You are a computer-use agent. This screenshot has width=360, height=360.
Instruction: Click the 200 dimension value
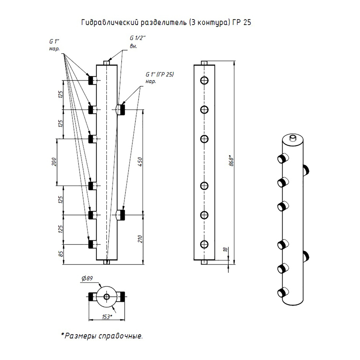point(54,162)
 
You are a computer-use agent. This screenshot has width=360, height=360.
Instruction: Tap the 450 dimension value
point(140,162)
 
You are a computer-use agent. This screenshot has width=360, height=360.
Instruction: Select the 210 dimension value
point(140,239)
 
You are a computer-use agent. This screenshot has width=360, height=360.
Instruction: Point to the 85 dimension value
point(60,254)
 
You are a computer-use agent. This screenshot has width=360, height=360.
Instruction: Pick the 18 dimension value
point(225,249)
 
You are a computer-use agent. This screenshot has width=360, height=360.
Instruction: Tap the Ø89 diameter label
point(87,279)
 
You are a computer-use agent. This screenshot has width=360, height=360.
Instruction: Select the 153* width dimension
point(107,317)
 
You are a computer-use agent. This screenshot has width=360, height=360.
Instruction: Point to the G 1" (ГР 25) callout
point(159,78)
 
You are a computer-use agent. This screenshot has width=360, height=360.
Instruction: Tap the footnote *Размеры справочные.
point(102,336)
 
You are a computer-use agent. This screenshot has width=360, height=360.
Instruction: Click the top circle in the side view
point(204,81)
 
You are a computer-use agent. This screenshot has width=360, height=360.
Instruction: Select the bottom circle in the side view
point(204,244)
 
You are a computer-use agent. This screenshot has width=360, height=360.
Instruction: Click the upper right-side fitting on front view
point(120,110)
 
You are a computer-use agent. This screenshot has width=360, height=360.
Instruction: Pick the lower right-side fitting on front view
point(120,215)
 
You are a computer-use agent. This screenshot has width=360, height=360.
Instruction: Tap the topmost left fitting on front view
point(93,81)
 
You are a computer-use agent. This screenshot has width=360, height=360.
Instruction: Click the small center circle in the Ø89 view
point(107,297)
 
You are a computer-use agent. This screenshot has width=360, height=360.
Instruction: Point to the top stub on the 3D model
point(293,138)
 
